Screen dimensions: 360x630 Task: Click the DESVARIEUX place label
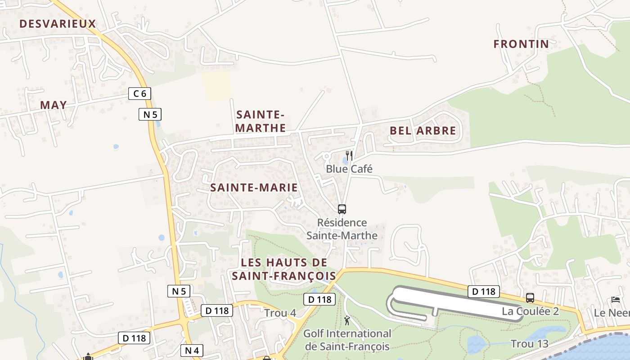58,24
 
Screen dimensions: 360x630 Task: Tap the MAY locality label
54,105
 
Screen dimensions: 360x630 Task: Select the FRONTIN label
521,44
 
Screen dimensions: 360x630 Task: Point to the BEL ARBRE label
423,131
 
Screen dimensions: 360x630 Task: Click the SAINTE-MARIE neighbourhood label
254,188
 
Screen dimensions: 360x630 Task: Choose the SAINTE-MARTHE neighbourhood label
261,121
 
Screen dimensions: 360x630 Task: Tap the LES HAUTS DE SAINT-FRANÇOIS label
284,269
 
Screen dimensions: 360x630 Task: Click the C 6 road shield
139,94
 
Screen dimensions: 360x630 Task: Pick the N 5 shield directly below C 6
150,114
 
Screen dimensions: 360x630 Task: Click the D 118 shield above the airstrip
484,292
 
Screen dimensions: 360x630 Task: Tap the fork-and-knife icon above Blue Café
349,156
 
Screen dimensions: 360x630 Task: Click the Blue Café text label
349,169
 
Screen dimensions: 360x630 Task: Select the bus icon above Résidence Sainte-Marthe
342,209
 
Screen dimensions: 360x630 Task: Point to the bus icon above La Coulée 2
530,298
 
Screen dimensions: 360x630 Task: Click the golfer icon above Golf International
347,320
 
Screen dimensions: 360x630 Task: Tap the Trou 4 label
280,313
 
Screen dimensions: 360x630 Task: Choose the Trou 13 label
530,344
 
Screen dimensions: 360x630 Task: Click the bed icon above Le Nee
615,300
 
